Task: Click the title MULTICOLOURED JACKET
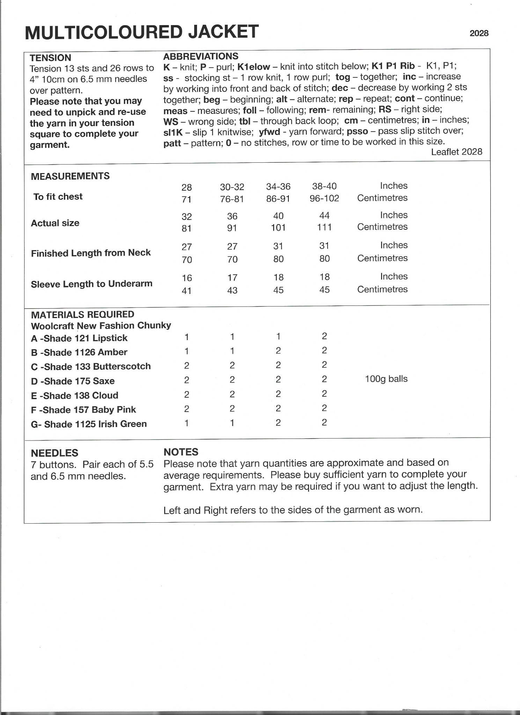[x=141, y=32]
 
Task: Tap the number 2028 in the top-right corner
[x=479, y=33]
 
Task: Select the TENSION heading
[x=50, y=58]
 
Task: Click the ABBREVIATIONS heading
[x=201, y=56]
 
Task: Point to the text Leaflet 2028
[x=456, y=152]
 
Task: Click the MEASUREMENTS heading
[x=70, y=176]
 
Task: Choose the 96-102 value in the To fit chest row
[x=324, y=198]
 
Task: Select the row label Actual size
[x=55, y=223]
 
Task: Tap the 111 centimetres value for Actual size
[x=324, y=227]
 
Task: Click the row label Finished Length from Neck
[x=91, y=253]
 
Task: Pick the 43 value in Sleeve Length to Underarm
[x=232, y=290]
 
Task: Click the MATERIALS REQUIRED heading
[x=82, y=315]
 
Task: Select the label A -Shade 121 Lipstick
[x=79, y=338]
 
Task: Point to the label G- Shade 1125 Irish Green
[x=89, y=424]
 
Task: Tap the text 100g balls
[x=386, y=379]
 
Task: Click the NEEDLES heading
[x=54, y=453]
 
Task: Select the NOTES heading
[x=181, y=452]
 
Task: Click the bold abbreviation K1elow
[x=254, y=66]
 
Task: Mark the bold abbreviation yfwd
[x=269, y=131]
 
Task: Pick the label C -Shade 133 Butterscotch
[x=91, y=366]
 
